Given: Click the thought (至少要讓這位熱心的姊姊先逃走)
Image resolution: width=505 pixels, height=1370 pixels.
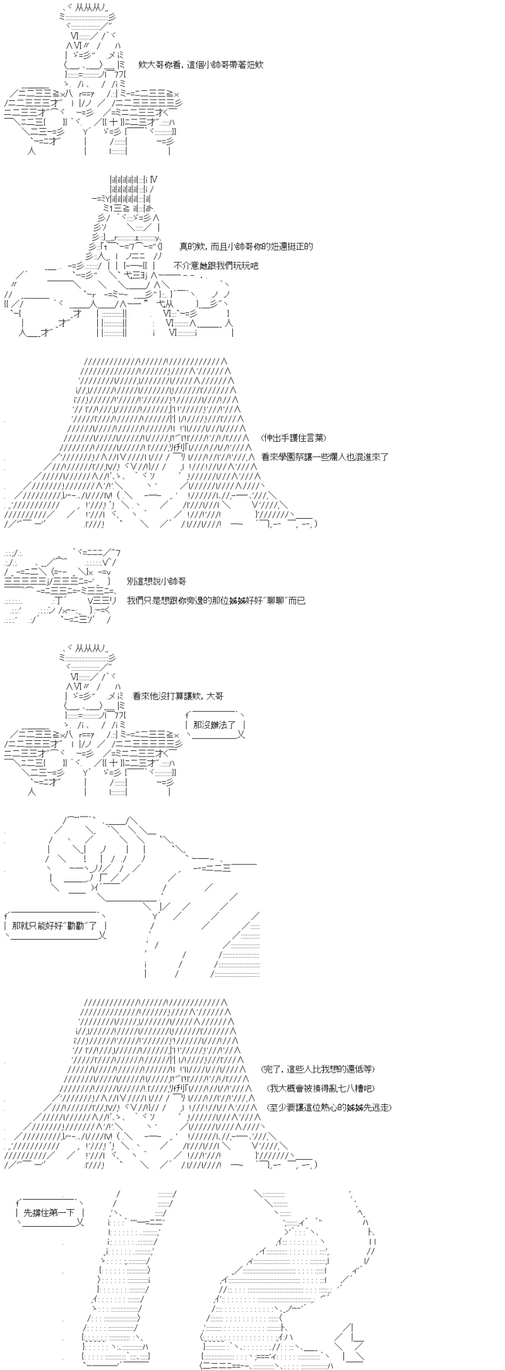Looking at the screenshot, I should click(x=326, y=1107).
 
